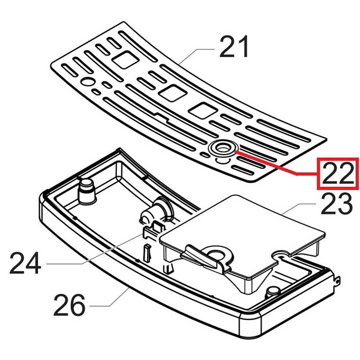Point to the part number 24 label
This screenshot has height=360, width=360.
[x=25, y=263]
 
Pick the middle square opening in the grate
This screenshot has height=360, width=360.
[x=173, y=93]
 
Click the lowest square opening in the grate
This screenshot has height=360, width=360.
[x=202, y=111]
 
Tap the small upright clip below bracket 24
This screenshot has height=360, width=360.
[x=148, y=252]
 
